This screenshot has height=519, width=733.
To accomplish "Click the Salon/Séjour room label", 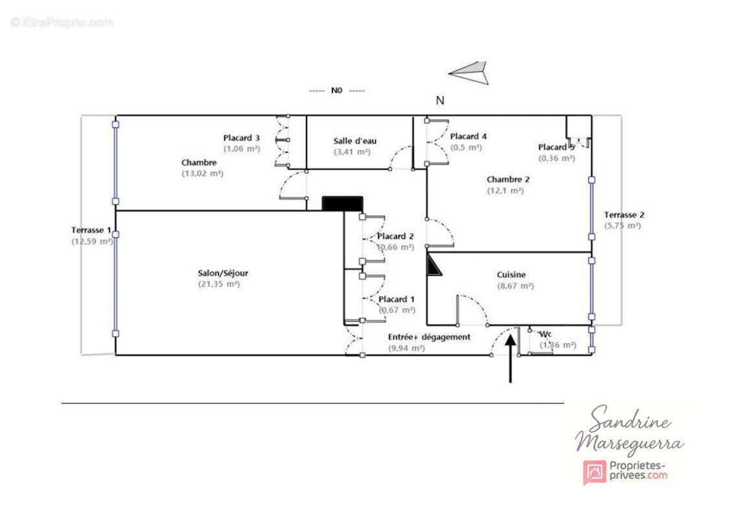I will click(x=223, y=273).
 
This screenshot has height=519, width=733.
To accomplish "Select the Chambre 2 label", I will click(x=508, y=180).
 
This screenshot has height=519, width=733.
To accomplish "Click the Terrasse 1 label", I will click(x=91, y=230).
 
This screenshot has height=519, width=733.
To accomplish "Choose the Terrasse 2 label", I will click(x=624, y=215).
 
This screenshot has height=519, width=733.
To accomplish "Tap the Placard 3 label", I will click(x=242, y=138).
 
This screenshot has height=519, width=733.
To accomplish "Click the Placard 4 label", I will click(x=468, y=136).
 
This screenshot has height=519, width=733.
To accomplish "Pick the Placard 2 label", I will click(x=395, y=236).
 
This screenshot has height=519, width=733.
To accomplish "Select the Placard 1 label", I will click(x=397, y=299).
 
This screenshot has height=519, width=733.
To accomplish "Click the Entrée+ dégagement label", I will click(x=429, y=337).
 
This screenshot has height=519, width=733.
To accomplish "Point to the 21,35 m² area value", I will click(x=219, y=284).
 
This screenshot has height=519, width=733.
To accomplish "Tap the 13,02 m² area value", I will click(x=202, y=173).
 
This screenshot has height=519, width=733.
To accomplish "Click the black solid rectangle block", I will click(x=342, y=204).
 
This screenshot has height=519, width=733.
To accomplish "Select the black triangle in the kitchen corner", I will click(x=433, y=265).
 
